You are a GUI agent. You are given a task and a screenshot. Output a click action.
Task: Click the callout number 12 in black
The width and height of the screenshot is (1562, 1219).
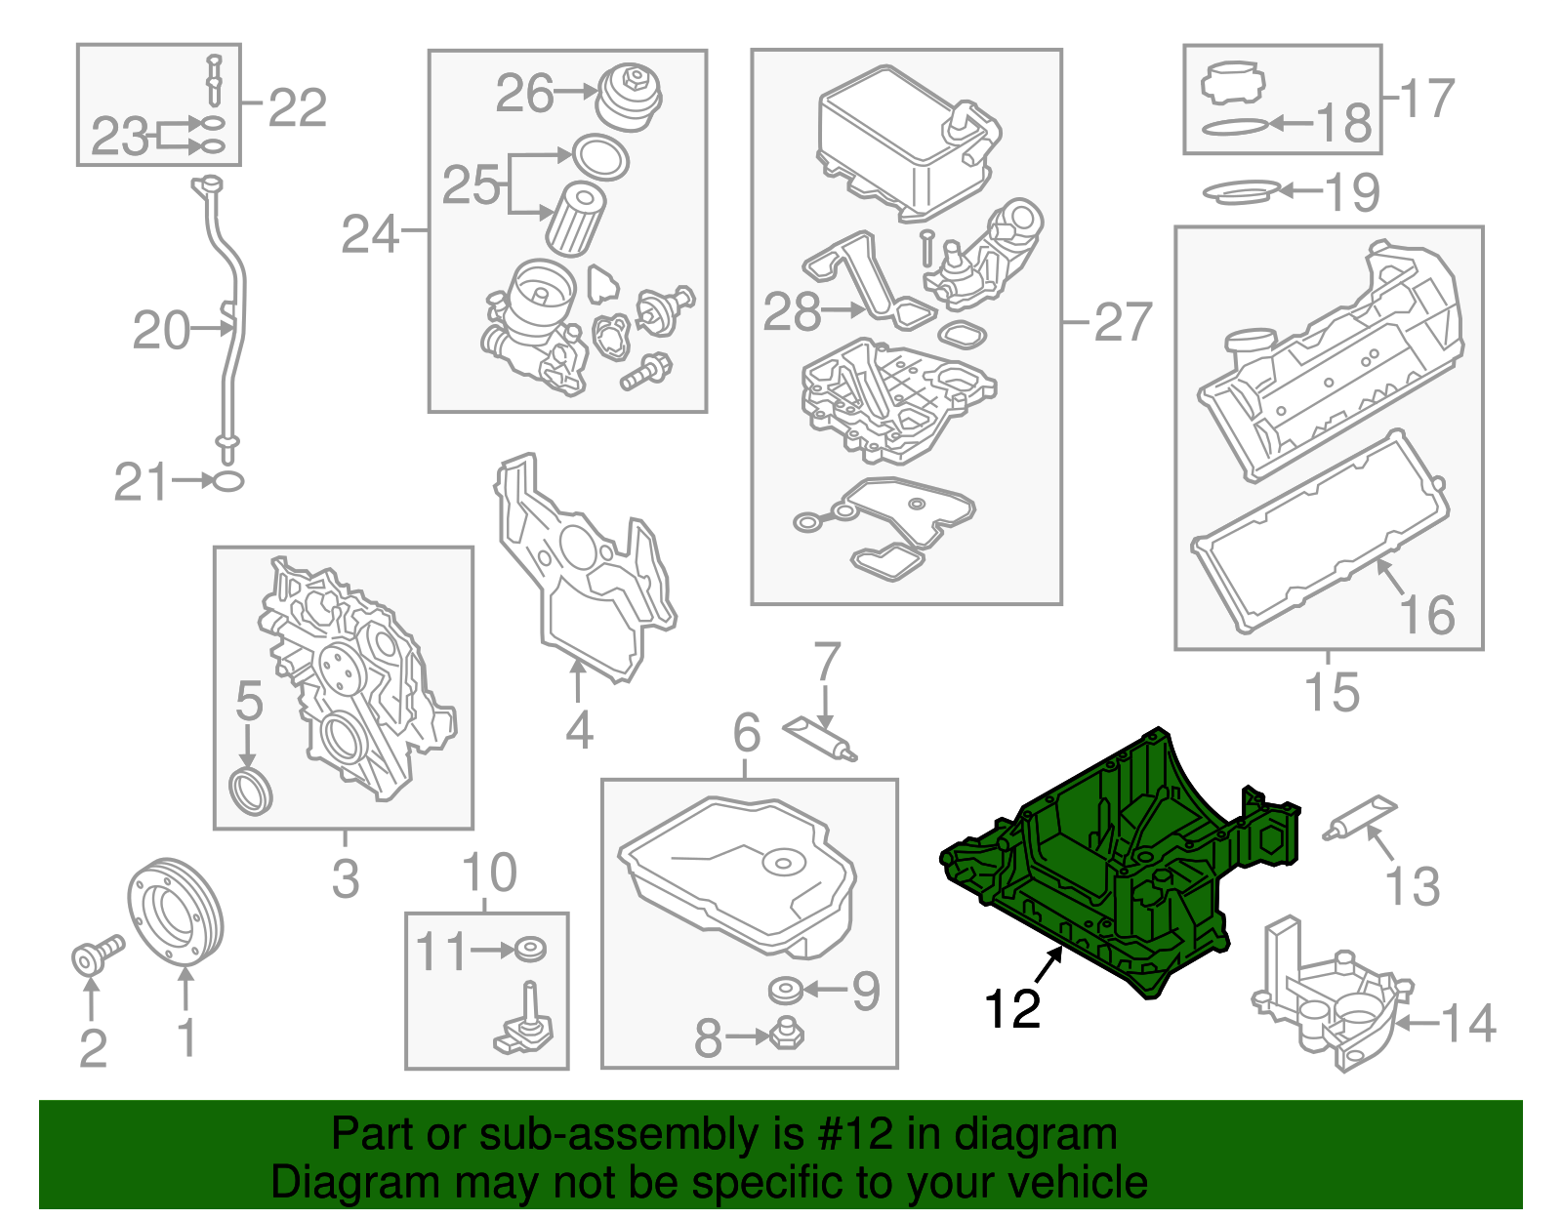[x=1011, y=1008]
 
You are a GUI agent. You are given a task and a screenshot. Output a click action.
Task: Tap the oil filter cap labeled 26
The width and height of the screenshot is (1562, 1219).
[x=628, y=95]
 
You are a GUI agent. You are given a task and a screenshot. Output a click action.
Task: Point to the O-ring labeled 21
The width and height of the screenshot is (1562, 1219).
[x=227, y=480]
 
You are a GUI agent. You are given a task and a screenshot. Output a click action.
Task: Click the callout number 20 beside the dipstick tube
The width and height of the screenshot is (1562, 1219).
[x=161, y=330]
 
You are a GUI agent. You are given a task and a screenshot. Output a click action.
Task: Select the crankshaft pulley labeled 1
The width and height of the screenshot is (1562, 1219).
[x=176, y=910]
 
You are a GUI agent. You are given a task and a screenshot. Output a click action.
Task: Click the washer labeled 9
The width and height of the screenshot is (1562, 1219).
[x=785, y=991]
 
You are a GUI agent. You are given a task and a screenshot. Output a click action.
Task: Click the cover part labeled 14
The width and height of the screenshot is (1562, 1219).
[x=1333, y=996]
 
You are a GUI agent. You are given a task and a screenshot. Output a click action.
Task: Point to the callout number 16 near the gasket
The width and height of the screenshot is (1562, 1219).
[x=1426, y=614]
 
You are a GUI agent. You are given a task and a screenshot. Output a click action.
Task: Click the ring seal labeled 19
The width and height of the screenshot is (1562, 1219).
[x=1241, y=191]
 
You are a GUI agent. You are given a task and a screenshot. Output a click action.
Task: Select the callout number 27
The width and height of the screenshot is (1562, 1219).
[x=1123, y=321]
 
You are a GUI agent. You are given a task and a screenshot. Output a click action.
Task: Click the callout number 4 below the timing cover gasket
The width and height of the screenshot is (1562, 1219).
[x=579, y=729]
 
